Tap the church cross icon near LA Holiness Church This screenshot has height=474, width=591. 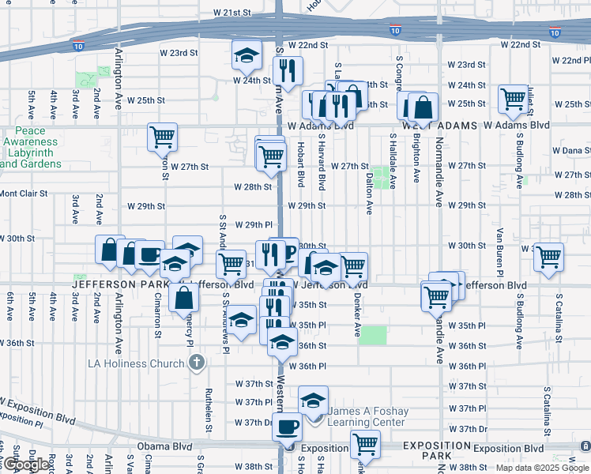(198, 363)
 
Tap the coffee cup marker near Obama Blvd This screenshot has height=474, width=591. (287, 427)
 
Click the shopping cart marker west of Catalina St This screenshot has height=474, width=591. (548, 256)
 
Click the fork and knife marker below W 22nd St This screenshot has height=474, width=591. (288, 70)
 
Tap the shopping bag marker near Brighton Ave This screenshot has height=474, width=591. (423, 107)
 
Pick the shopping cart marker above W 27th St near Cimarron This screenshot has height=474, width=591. (162, 136)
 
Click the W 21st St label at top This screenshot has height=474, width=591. (232, 13)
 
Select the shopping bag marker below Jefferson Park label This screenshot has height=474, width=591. (184, 298)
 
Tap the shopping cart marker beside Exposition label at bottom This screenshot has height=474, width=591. (364, 444)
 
